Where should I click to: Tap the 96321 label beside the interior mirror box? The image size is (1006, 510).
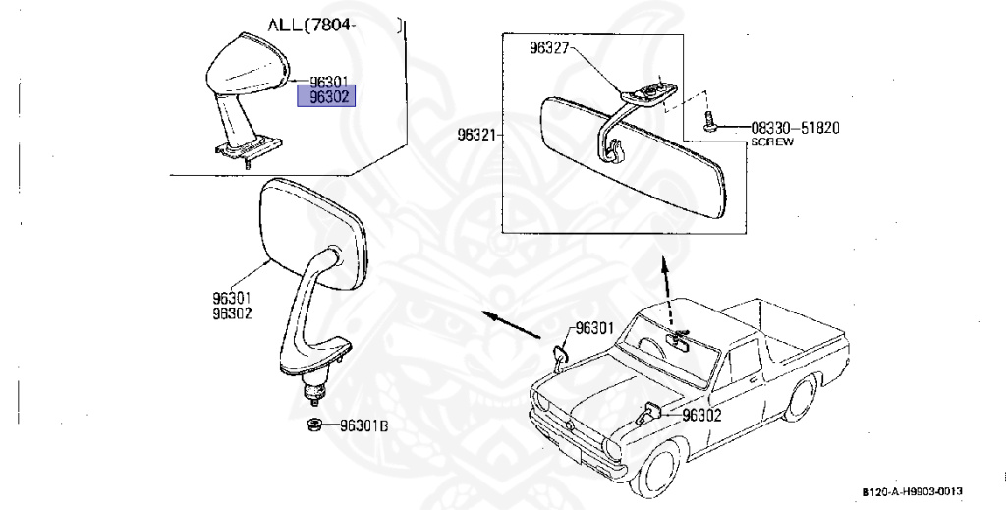pyautogui.click(x=478, y=135)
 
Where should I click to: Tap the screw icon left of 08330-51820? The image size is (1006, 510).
pyautogui.click(x=709, y=124)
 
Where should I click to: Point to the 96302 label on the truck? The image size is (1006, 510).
pyautogui.click(x=701, y=416)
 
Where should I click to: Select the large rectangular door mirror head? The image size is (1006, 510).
pyautogui.click(x=308, y=226)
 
